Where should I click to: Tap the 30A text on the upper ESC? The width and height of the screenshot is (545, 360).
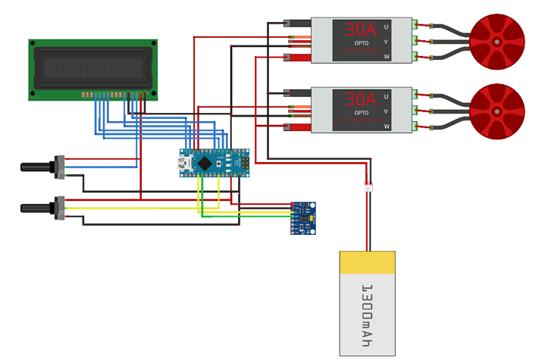coord(361,30)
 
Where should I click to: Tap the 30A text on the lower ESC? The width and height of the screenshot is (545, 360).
coord(361,99)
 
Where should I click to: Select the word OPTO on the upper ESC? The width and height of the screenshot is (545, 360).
coord(361,43)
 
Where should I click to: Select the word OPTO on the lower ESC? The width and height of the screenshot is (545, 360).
coord(361,113)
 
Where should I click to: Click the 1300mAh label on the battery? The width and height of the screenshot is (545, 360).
coord(367,315)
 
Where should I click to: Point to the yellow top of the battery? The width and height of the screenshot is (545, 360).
coord(367,262)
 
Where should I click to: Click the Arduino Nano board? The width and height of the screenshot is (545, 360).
coord(215,162)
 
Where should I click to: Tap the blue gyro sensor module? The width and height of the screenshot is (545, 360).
coord(303,218)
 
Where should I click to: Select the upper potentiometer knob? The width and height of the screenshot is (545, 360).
coord(38,167)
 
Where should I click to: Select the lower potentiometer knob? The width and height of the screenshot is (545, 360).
coord(38,208)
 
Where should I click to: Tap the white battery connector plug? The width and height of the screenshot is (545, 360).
coord(370,187)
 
